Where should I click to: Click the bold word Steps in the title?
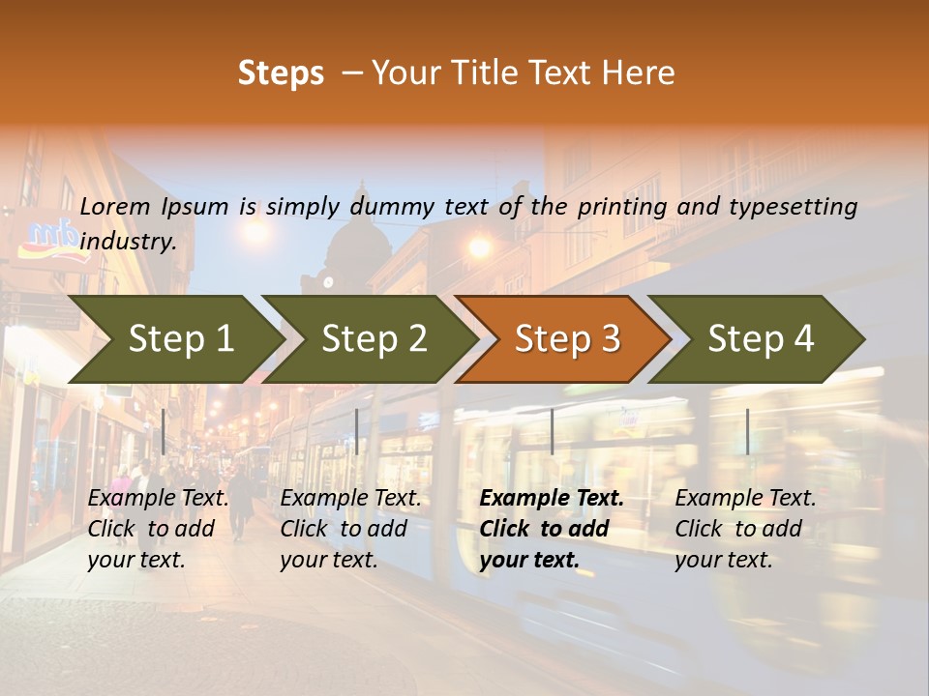point(281,73)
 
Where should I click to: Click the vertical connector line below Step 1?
point(164,431)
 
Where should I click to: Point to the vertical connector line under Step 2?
point(357,431)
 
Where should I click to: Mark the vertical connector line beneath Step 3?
point(553,431)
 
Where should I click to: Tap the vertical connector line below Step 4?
point(747,431)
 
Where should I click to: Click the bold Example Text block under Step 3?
point(552,529)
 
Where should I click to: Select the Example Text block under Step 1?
point(158,529)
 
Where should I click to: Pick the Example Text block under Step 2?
point(350,529)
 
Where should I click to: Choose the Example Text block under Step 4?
point(745,529)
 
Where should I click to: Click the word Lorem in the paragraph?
point(115,206)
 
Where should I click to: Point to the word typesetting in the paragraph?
point(793,207)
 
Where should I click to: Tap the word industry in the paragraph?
point(127,242)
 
